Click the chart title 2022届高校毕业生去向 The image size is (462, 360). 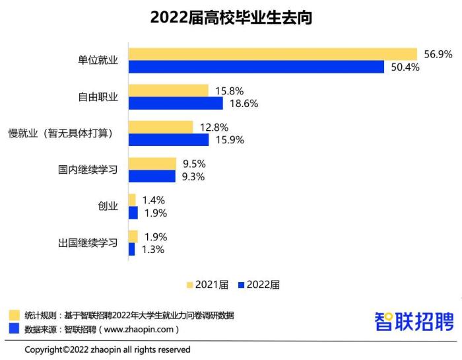(230, 18)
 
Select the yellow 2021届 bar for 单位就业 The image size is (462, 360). (273, 54)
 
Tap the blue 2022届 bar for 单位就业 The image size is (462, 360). (256, 67)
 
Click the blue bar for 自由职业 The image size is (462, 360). (176, 103)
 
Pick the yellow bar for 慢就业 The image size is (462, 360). (160, 127)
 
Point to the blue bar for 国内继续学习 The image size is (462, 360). (152, 176)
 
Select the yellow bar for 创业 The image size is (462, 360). (132, 199)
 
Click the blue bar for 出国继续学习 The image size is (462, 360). (131, 249)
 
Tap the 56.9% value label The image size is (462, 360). (438, 54)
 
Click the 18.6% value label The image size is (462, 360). (243, 104)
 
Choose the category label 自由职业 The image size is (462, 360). (98, 97)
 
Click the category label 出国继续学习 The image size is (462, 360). (88, 243)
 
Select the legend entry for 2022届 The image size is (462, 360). (258, 285)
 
